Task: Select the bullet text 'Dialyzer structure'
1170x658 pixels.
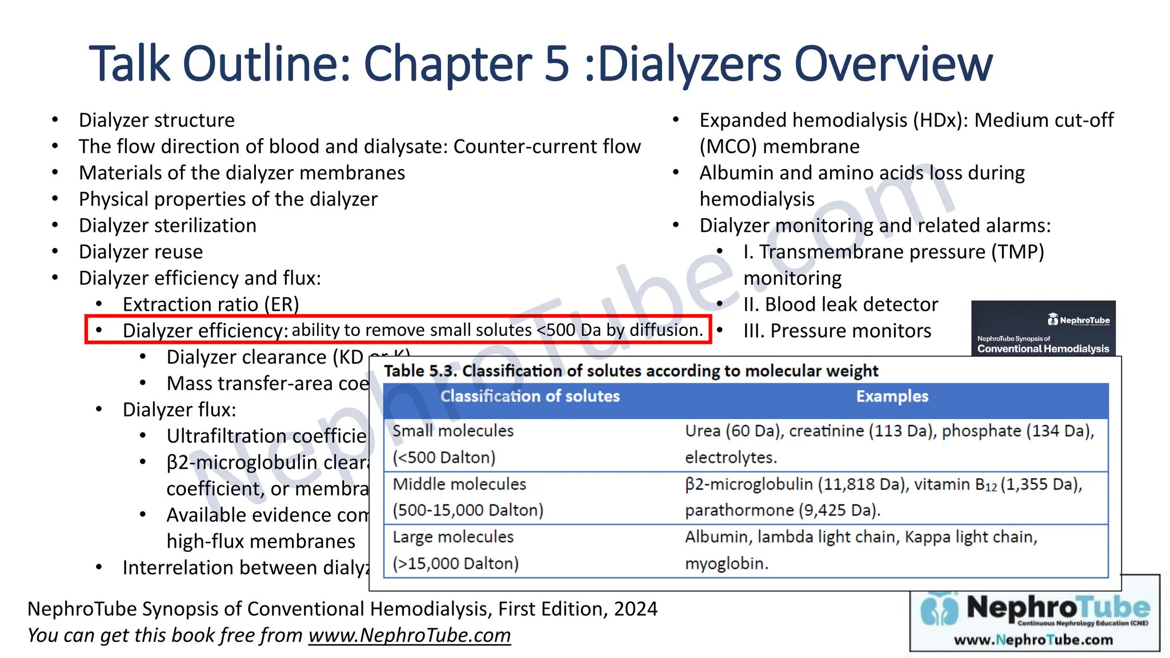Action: click(x=157, y=121)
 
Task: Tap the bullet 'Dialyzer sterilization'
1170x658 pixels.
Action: click(x=167, y=226)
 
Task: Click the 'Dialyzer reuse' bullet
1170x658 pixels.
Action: click(x=141, y=252)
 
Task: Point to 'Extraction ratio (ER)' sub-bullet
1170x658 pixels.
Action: click(x=211, y=304)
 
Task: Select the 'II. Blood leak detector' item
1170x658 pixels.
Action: click(x=840, y=304)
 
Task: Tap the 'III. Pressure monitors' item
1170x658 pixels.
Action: click(x=837, y=331)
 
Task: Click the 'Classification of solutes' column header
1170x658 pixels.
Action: click(x=530, y=396)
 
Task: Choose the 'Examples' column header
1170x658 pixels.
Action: click(x=892, y=396)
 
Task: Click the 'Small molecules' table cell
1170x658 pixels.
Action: click(x=453, y=431)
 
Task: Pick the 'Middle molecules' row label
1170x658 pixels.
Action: click(x=459, y=484)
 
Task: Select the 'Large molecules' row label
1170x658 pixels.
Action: click(x=453, y=537)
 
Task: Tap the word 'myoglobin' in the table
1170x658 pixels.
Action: click(x=725, y=564)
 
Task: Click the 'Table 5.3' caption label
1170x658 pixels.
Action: click(x=419, y=371)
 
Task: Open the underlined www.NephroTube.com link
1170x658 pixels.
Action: click(x=410, y=635)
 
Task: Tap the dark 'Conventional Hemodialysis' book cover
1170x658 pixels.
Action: click(x=1043, y=328)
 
